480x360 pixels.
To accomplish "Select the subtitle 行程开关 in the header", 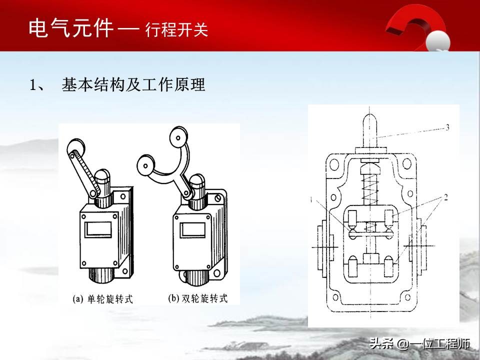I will tap(176, 30).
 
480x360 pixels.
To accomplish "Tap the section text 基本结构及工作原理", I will tap(133, 85).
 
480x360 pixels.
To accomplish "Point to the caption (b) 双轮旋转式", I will tap(197, 299).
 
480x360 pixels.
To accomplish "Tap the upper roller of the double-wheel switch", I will tap(177, 136).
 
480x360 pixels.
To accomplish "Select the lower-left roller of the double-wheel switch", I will tap(146, 162).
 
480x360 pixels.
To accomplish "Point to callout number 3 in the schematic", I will tap(447, 127).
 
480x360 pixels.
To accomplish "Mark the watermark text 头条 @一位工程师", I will tap(419, 344).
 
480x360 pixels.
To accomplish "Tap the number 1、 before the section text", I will tap(38, 85).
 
